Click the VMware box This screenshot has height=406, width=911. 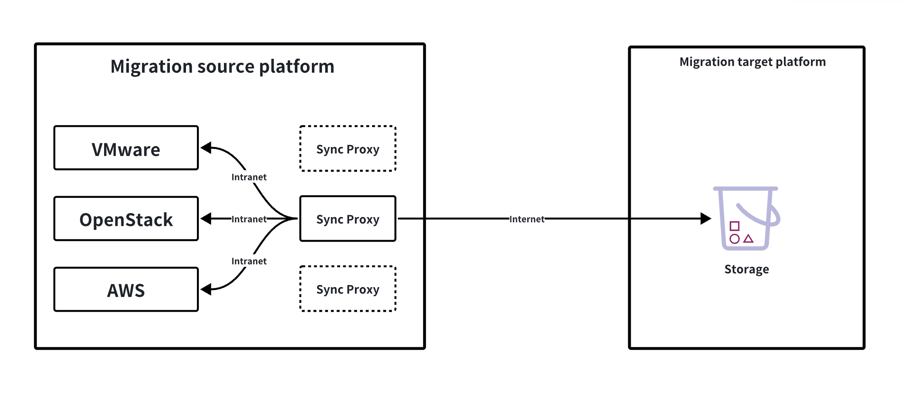tap(126, 148)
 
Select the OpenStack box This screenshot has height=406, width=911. tap(126, 219)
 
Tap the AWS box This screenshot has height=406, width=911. tap(126, 290)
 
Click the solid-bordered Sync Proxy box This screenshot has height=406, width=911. tap(348, 219)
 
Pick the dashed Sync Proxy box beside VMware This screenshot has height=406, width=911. tap(348, 149)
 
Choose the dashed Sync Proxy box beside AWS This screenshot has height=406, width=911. tap(348, 289)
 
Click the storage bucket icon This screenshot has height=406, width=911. tap(746, 218)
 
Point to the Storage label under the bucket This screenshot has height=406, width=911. tap(746, 269)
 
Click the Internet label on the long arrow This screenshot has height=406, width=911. tap(527, 219)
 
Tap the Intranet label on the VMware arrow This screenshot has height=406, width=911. tap(249, 177)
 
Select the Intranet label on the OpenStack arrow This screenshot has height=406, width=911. tap(249, 219)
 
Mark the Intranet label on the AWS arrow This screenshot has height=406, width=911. tap(249, 261)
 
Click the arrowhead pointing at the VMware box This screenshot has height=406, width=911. tap(206, 148)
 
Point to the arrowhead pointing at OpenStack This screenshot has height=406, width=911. tap(206, 219)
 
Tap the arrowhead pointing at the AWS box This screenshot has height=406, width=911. tap(206, 289)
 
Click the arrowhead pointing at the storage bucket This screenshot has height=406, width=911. tap(706, 219)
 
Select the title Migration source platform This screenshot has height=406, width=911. tap(222, 66)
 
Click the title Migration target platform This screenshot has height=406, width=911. tap(752, 62)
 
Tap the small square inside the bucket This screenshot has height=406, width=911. tap(735, 226)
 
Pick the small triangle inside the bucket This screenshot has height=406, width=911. tap(749, 239)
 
